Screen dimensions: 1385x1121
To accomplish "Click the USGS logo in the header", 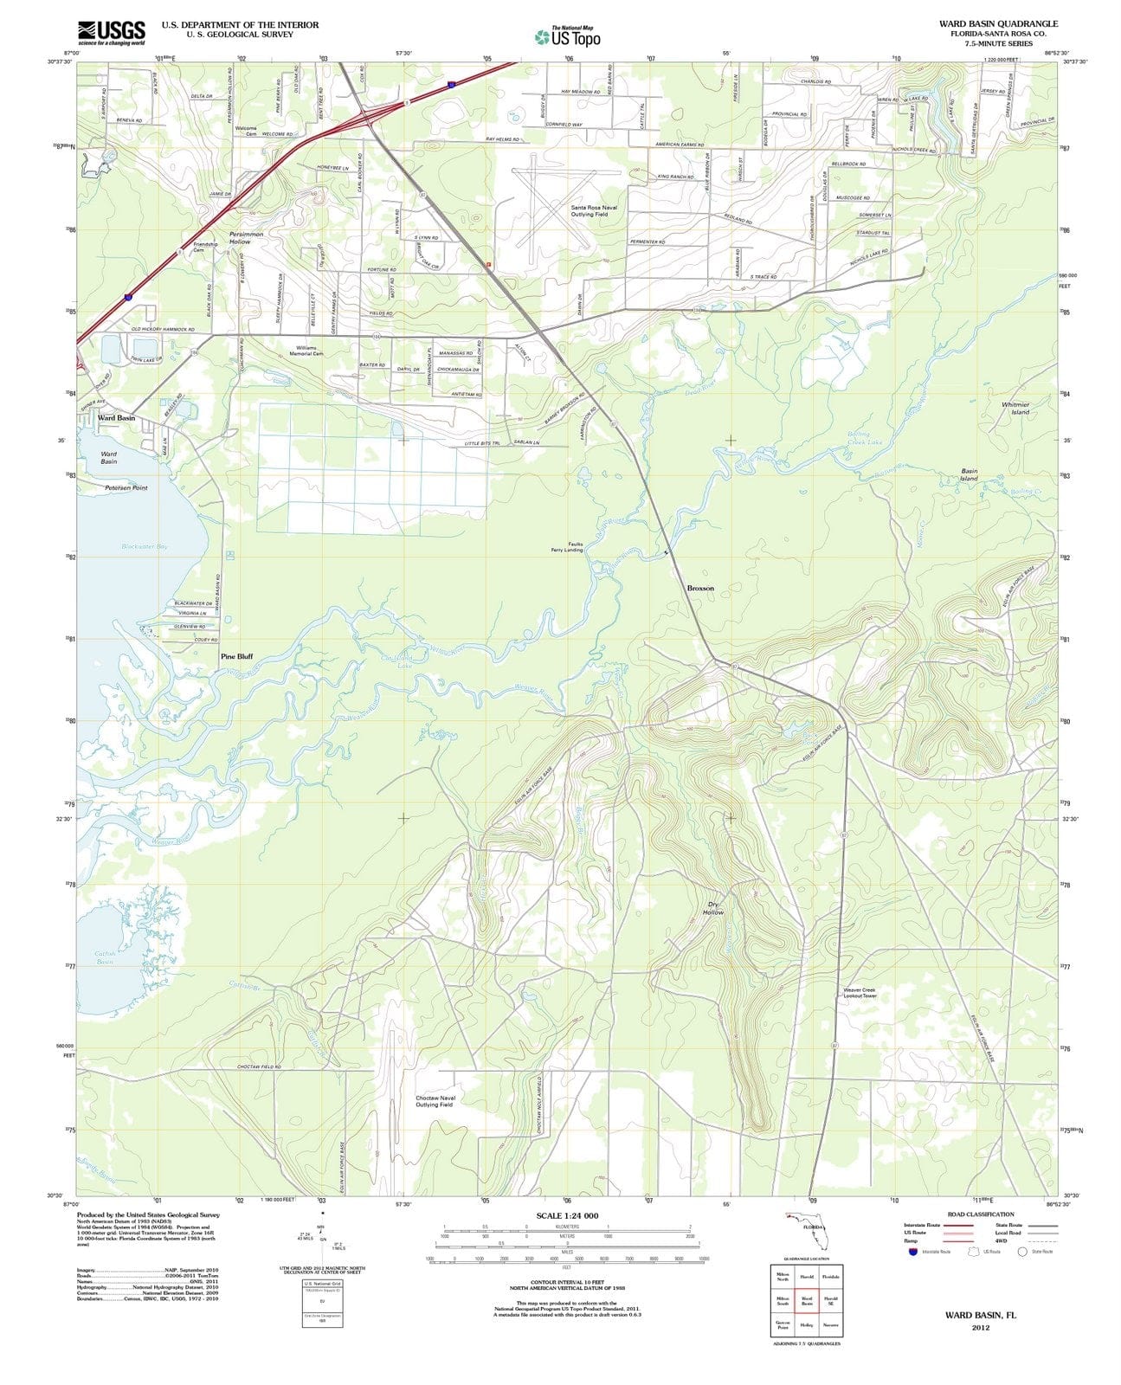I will [111, 32].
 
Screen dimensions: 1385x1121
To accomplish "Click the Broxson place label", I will [700, 588].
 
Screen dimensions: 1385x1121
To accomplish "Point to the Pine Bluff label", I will [236, 656].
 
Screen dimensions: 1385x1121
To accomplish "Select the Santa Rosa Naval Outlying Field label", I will [594, 210].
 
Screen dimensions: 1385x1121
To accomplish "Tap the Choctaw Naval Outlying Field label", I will [435, 1101].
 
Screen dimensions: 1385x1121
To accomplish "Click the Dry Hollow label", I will [713, 908].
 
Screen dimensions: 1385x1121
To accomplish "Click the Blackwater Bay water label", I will [145, 547].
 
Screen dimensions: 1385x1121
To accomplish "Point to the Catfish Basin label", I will [105, 957].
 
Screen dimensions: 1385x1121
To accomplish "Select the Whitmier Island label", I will [1015, 408].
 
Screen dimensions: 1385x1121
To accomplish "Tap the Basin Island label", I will [969, 475].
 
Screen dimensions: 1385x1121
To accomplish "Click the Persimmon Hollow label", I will [252, 237].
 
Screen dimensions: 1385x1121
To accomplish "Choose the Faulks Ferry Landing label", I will [568, 547].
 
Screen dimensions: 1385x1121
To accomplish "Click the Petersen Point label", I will [126, 487].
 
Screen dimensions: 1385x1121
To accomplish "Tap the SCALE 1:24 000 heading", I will [567, 1216].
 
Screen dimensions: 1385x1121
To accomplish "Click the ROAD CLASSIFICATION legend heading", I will [980, 1214].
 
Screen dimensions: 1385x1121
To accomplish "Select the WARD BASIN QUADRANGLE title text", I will [998, 23].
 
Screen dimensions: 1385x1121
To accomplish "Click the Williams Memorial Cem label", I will [306, 351].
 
